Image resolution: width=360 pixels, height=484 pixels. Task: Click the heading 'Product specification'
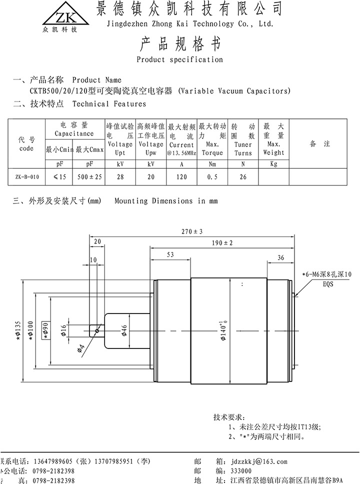179,59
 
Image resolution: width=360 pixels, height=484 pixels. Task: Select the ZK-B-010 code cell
26,176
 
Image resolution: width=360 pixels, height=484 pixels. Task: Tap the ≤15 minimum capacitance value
59,176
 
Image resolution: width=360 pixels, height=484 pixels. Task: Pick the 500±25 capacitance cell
89,176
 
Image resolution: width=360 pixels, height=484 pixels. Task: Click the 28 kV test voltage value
120,176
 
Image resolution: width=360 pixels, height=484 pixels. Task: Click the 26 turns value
243,176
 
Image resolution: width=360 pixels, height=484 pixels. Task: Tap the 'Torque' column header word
212,153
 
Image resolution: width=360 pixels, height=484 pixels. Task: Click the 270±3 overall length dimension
192,231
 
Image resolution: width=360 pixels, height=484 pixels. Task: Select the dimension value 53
170,254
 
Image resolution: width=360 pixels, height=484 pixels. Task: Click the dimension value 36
280,257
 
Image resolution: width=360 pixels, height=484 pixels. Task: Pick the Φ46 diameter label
124,330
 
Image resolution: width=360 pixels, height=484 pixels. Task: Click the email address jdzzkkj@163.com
259,461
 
